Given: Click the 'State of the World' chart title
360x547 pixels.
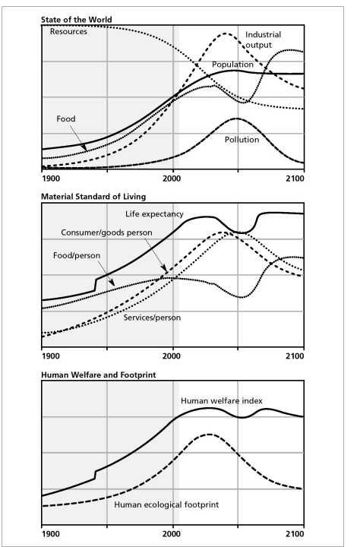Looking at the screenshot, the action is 77,20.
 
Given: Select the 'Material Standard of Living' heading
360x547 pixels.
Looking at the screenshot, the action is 93,197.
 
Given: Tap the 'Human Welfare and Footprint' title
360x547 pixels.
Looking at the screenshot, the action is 99,375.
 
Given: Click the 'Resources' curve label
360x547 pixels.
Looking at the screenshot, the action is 68,32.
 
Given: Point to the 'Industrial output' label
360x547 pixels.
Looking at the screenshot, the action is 263,40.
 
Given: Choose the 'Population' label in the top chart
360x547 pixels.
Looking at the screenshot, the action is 232,65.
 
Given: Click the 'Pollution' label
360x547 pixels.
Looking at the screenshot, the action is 242,140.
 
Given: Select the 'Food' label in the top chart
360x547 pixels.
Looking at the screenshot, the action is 66,119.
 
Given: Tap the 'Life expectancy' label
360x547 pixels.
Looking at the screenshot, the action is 154,214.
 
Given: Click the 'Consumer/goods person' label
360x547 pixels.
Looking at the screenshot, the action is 106,232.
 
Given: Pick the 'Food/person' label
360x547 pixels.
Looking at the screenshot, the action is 77,256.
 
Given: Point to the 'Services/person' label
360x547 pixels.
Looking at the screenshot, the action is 152,318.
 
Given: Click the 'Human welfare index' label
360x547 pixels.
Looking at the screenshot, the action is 222,401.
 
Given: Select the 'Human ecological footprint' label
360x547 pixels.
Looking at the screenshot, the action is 166,504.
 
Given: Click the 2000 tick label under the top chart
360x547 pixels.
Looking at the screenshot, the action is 172,179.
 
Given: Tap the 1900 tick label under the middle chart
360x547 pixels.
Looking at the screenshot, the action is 51,356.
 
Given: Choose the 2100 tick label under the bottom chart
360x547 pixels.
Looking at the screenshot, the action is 295,534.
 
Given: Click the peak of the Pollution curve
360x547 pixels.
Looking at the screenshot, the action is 237,119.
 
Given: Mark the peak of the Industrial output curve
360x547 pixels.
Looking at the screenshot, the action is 226,33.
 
